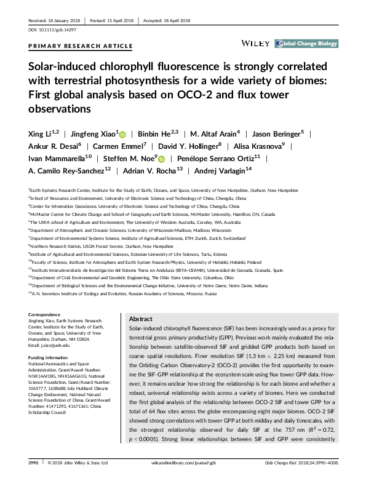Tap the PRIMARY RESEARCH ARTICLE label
(x=81, y=46)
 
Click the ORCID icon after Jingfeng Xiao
(x=122, y=134)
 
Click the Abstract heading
(x=141, y=320)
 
